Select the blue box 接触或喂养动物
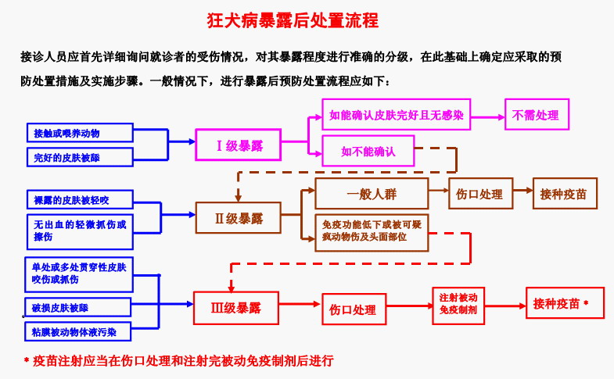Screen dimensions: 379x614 point(78,133)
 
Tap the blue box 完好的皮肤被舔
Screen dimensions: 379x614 point(78,158)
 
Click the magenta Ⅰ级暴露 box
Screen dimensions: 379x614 point(239,145)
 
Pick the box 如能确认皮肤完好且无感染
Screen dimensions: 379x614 point(397,116)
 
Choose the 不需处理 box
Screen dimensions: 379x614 point(536,116)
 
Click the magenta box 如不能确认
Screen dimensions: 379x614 point(368,152)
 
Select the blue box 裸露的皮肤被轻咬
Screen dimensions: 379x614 point(78,199)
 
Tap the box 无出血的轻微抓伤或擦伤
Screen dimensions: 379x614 point(78,231)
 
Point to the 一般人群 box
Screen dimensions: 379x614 point(372,194)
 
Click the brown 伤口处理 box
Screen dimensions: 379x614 point(479,194)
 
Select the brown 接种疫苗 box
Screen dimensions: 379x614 point(563,194)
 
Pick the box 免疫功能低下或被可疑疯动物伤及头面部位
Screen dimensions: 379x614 point(372,231)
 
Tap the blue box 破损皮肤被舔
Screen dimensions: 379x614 point(78,308)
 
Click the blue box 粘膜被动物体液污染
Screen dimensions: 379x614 point(78,332)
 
